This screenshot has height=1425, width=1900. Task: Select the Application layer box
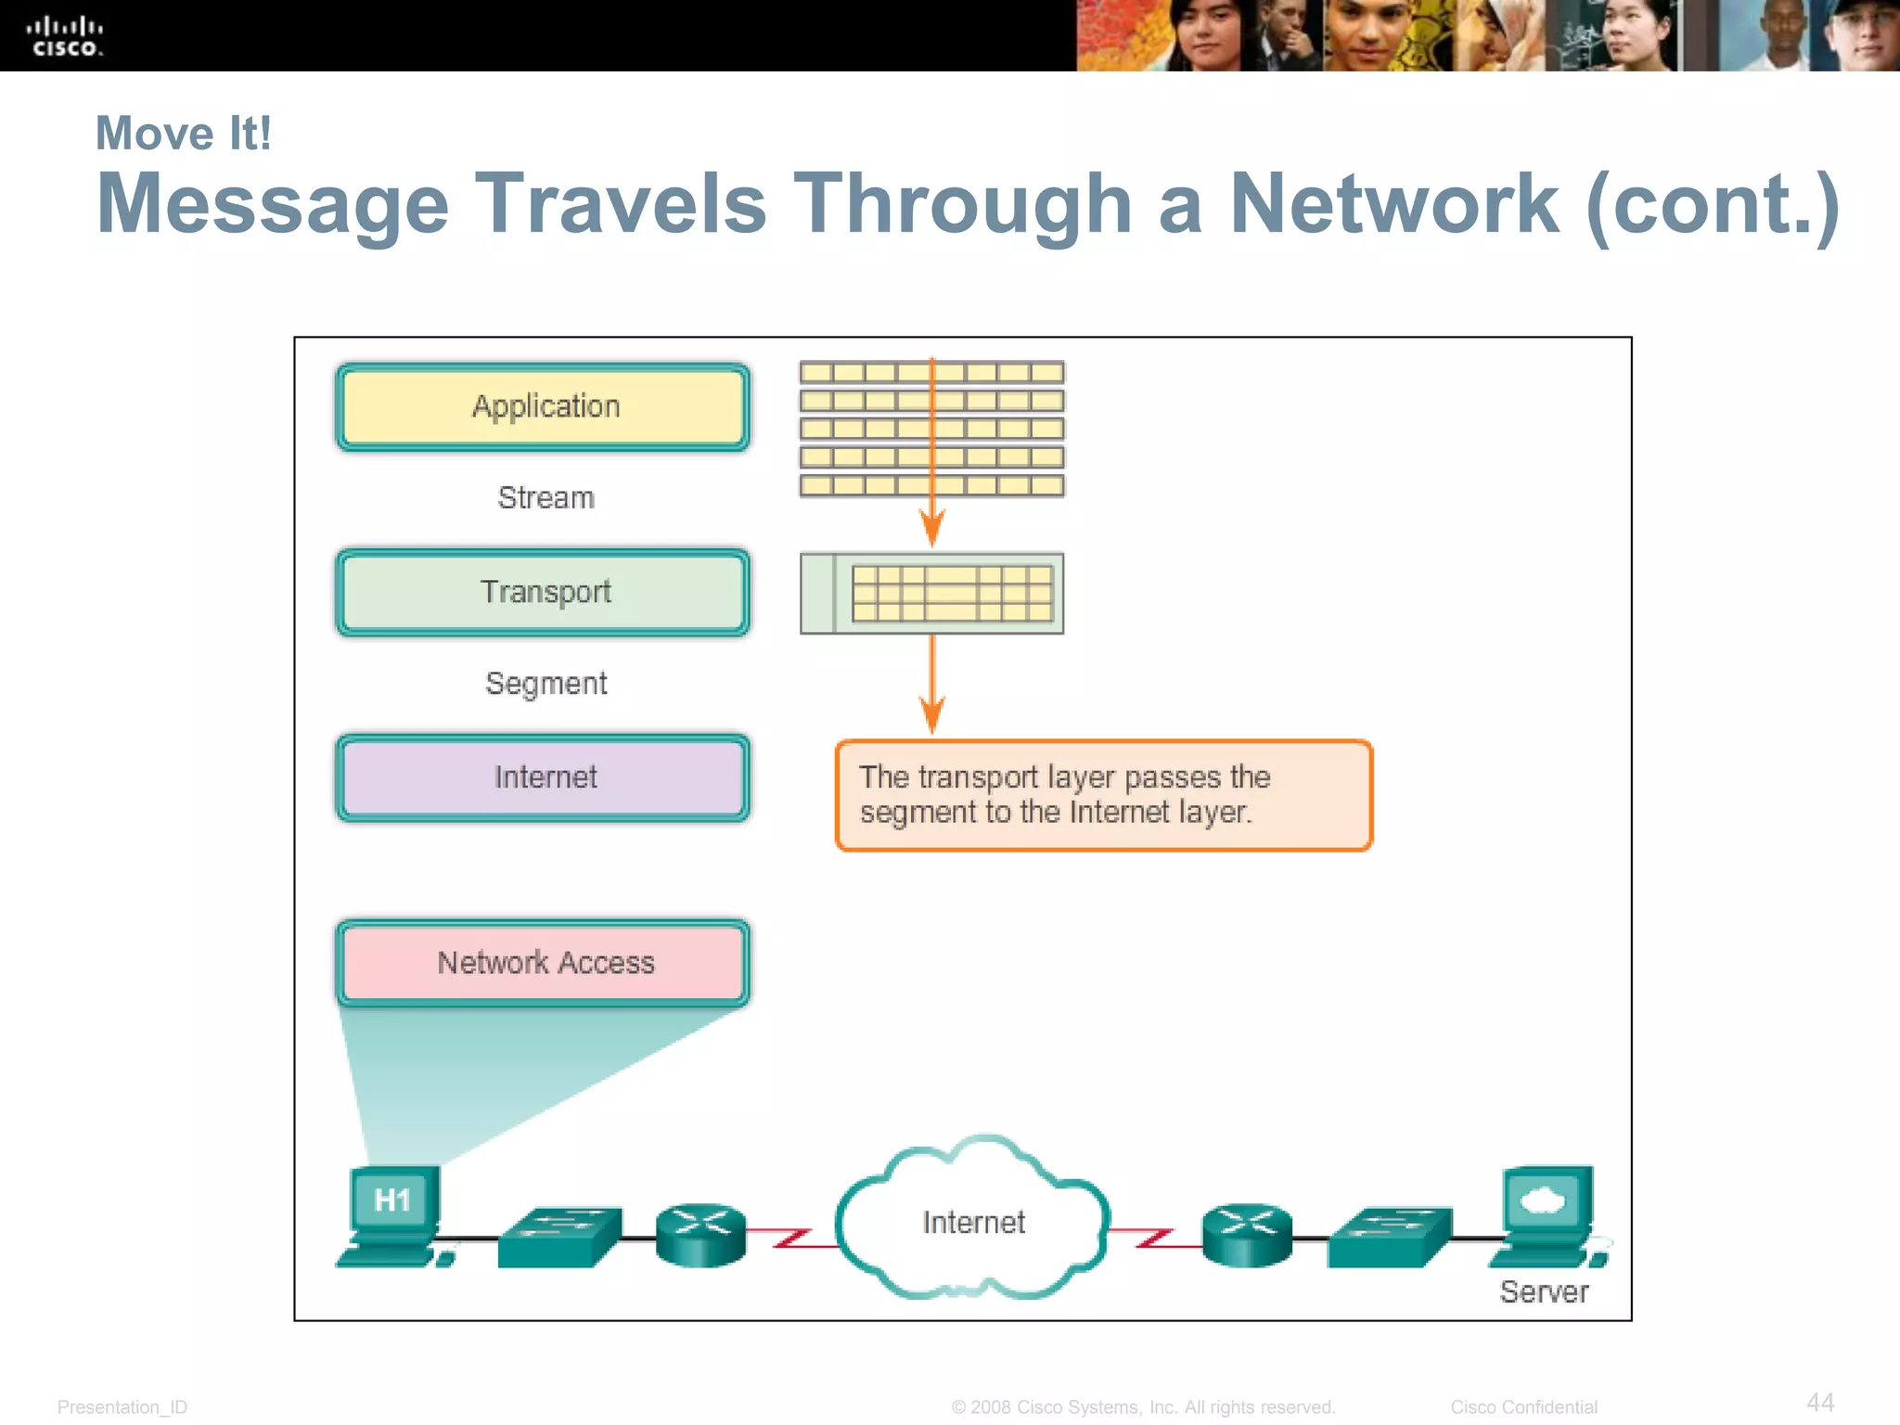[544, 407]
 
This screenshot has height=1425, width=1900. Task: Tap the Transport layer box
[544, 593]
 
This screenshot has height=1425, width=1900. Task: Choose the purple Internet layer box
[544, 778]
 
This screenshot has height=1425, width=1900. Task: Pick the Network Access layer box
[544, 963]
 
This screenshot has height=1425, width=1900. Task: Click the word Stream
[546, 497]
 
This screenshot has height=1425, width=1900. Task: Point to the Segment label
[546, 684]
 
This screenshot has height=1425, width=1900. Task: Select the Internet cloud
[972, 1220]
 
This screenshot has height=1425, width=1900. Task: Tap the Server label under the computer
[1544, 1292]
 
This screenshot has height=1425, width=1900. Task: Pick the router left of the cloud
[700, 1234]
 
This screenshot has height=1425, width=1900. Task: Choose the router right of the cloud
[1247, 1234]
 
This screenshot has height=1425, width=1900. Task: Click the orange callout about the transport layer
[1103, 795]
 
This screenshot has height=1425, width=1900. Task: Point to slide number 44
[1820, 1402]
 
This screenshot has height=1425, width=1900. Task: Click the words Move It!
[184, 134]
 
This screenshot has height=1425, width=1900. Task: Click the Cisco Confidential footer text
[1523, 1406]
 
